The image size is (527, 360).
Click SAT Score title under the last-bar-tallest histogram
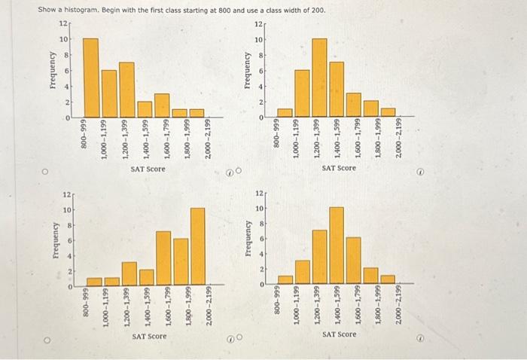point(148,336)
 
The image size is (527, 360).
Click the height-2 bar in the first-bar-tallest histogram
point(144,109)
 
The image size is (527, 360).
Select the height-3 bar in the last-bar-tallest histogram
point(129,274)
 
